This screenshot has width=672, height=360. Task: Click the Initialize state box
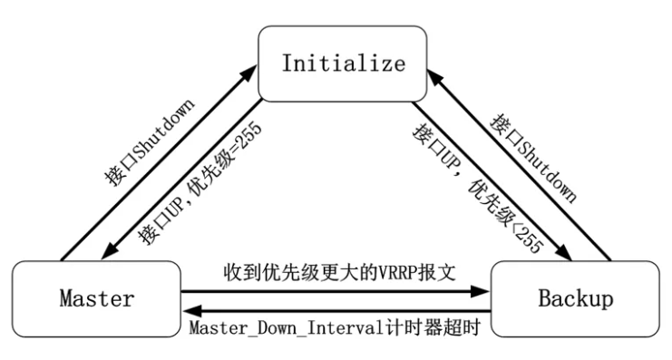(342, 63)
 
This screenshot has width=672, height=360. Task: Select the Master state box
(97, 298)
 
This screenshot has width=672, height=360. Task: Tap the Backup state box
(575, 298)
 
